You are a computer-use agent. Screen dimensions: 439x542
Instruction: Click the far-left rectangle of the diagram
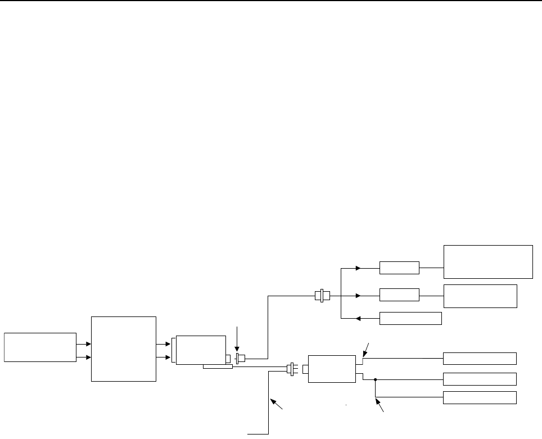40,347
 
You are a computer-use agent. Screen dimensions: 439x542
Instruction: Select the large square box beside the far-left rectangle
124,349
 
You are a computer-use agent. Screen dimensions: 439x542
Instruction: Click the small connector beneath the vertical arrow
241,359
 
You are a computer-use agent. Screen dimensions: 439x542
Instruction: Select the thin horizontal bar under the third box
218,367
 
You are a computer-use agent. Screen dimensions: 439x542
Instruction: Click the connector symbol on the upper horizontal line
322,295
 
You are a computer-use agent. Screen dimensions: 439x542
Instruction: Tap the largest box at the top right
488,261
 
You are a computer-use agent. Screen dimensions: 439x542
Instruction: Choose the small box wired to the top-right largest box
399,268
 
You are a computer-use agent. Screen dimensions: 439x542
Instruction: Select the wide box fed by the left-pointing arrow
410,319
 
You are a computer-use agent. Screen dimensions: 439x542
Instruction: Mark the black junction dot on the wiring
375,379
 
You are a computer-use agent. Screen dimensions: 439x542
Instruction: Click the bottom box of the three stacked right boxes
480,397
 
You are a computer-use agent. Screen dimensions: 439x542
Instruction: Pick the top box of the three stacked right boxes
480,358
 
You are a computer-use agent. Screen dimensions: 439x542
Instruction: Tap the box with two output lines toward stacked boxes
332,369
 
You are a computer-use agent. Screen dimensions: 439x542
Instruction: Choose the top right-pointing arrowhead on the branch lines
358,268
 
